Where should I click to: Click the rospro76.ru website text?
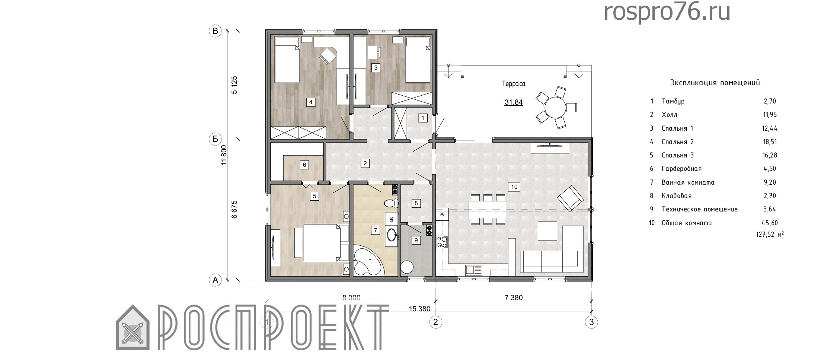[x=667, y=12]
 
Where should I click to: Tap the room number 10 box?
[x=514, y=187]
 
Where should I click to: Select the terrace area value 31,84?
[x=514, y=102]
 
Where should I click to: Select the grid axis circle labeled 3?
[x=591, y=322]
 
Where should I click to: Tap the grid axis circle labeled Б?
[x=215, y=139]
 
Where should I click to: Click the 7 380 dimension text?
[x=514, y=297]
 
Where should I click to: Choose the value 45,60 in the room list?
[x=770, y=223]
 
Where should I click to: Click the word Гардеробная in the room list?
[x=681, y=169]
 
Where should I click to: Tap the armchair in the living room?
[x=570, y=198]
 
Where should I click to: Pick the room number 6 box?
[x=304, y=165]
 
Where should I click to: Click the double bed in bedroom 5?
[x=322, y=242]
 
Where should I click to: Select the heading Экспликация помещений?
[x=715, y=83]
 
